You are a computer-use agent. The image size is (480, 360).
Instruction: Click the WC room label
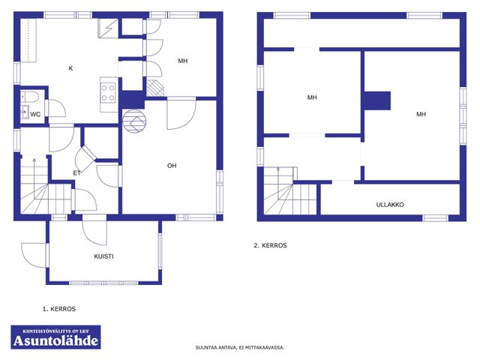(35, 115)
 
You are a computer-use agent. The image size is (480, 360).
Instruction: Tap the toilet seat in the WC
(30, 97)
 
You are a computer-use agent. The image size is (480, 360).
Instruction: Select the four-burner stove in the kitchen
(108, 93)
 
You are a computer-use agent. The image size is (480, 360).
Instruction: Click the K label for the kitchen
(70, 68)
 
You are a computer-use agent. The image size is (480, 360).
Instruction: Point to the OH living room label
(172, 166)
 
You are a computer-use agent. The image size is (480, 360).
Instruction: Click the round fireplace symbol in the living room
(134, 121)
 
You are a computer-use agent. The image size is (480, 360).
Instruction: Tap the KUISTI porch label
(103, 256)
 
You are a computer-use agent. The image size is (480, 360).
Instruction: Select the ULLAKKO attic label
(390, 205)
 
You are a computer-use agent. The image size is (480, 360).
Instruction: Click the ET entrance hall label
(76, 173)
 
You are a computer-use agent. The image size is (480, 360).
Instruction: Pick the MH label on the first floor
(183, 61)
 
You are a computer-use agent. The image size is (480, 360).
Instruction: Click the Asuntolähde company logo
(55, 337)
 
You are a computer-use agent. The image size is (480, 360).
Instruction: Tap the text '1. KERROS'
(59, 309)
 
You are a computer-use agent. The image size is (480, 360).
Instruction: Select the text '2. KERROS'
(270, 245)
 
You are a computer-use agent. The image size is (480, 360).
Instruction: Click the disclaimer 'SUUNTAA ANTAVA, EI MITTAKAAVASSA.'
(240, 347)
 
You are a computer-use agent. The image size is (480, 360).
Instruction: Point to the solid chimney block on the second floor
(377, 100)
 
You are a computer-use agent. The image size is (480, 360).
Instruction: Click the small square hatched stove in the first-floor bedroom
(155, 88)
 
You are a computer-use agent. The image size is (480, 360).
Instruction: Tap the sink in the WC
(25, 112)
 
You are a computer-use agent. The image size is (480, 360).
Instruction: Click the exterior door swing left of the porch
(33, 256)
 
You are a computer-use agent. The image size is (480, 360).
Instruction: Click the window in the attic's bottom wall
(435, 218)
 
